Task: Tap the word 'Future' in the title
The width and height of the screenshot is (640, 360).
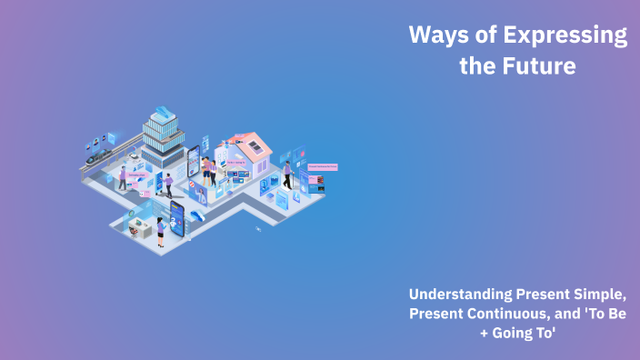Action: [544, 66]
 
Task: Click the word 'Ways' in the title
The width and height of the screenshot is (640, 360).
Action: [435, 36]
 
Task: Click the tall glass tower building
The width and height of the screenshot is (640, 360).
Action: [163, 136]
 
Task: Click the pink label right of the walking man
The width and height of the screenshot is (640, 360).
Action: [323, 167]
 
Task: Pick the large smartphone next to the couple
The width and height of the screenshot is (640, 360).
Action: [194, 164]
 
